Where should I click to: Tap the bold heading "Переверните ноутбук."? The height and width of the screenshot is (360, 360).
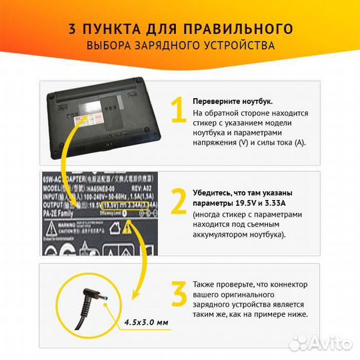(x=233, y=101)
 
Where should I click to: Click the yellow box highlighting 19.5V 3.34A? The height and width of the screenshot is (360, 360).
(x=107, y=205)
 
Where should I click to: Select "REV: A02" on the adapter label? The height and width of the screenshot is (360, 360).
(x=136, y=189)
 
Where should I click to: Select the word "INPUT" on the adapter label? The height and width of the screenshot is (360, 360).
(x=53, y=197)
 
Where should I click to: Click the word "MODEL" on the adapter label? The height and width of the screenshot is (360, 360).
(x=54, y=189)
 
